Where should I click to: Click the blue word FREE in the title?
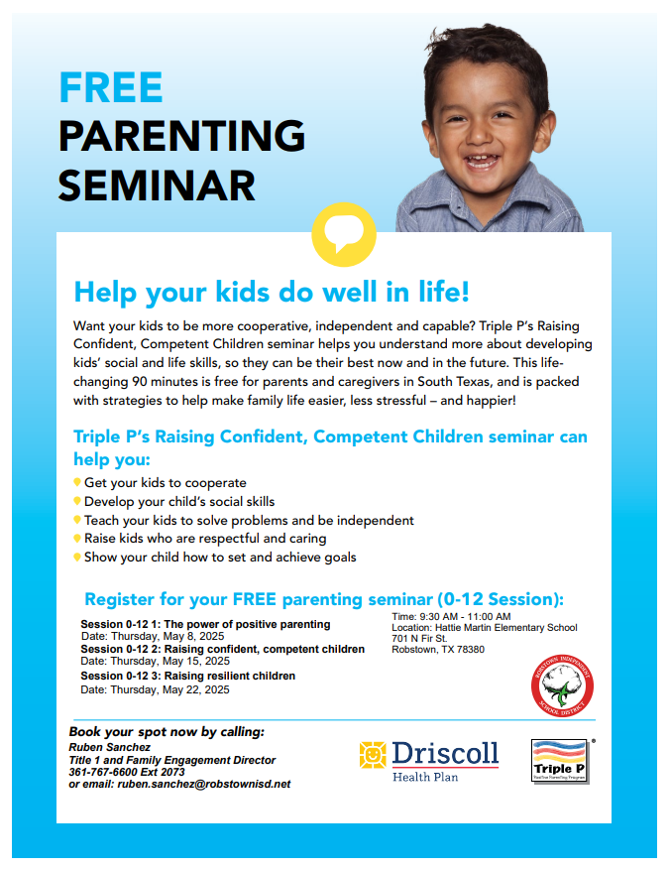(110, 88)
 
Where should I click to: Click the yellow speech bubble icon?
(343, 235)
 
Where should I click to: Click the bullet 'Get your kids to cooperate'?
(165, 482)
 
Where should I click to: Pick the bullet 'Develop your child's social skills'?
(178, 501)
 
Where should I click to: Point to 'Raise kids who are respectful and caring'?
(204, 539)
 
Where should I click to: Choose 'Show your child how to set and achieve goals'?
(219, 558)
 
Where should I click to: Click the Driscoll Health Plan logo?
(428, 759)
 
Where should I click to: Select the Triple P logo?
(560, 761)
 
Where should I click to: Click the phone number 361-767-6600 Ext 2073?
(127, 772)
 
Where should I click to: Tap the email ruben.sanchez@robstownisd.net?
(204, 784)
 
